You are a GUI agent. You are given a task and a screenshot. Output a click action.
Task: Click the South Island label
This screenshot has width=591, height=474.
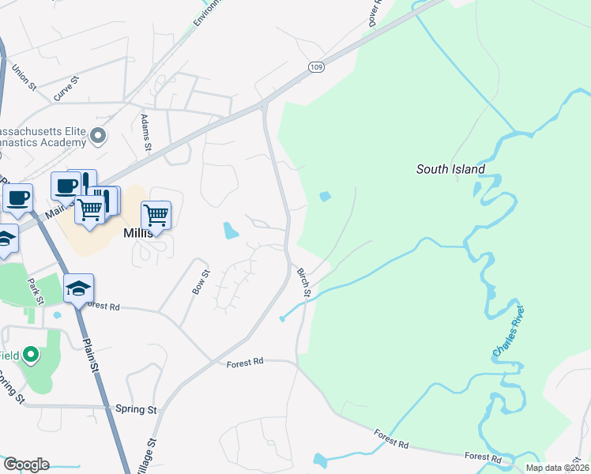451,169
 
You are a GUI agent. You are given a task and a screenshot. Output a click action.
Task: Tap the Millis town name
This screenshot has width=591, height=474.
142,234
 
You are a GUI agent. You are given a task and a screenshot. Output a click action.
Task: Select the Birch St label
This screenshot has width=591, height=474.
303,282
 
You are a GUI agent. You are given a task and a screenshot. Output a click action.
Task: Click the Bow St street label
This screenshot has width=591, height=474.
201,282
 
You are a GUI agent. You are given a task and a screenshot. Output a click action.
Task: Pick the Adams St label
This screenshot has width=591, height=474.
145,132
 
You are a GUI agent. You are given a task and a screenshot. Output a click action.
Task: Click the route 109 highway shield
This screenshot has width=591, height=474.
315,67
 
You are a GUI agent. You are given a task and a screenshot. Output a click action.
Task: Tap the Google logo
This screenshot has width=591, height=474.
26,465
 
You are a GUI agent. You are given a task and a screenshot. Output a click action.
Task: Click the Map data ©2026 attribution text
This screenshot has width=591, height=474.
557,468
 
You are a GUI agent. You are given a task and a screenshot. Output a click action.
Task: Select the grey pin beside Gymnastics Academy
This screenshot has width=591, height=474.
98,137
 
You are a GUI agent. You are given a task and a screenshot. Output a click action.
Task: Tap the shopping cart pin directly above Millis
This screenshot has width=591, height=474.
156,215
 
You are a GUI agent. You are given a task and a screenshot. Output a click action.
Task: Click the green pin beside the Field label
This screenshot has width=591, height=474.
32,355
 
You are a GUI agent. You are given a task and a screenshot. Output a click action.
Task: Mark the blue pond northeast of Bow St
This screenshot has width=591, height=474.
230,231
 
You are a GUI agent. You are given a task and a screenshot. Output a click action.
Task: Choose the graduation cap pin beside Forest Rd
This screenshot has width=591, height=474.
79,289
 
